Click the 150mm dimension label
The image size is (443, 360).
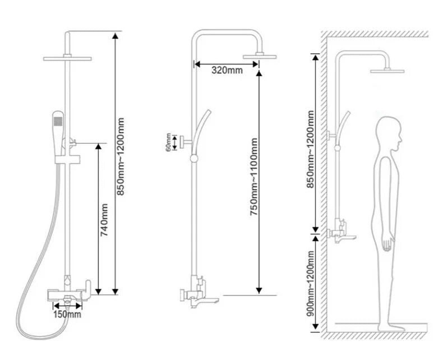[x=67, y=314]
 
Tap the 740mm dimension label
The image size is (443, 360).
[x=104, y=220]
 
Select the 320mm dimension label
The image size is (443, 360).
[x=227, y=70]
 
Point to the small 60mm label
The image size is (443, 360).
[x=168, y=142]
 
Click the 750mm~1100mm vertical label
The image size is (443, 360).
[x=253, y=177]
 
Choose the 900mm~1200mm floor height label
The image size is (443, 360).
[x=310, y=283]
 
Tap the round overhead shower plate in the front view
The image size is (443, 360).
[x=67, y=59]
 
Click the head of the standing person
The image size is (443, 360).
[x=389, y=133]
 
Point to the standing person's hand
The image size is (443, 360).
[x=387, y=243]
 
